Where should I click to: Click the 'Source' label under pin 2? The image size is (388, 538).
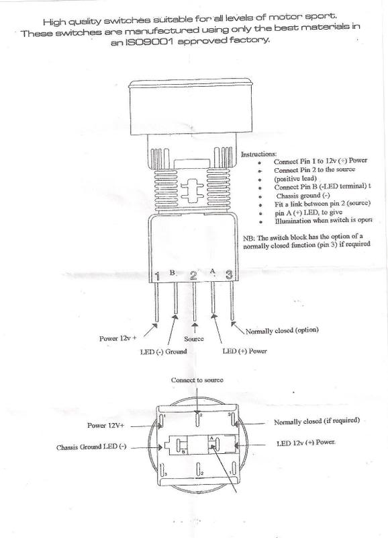pyautogui.click(x=193, y=340)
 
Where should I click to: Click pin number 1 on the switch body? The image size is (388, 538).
pyautogui.click(x=157, y=276)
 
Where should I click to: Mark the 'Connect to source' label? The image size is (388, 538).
pyautogui.click(x=197, y=380)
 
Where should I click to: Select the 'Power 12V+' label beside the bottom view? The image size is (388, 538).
pyautogui.click(x=110, y=426)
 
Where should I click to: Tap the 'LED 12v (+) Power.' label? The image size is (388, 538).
pyautogui.click(x=305, y=444)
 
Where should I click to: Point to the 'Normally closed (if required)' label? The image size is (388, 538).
pyautogui.click(x=318, y=421)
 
